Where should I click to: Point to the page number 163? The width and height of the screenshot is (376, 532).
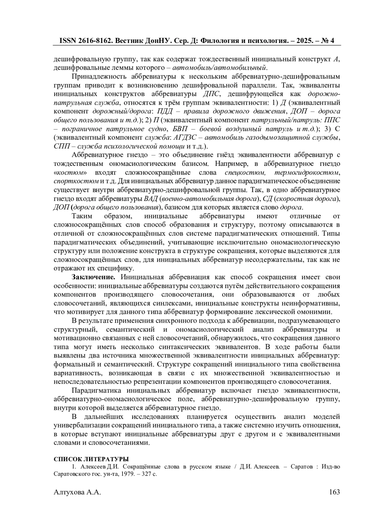tap(334, 492)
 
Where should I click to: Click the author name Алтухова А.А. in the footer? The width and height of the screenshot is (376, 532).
tap(77, 492)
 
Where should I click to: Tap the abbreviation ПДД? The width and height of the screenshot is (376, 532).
tap(164, 111)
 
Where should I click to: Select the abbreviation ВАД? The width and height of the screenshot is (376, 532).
tap(151, 198)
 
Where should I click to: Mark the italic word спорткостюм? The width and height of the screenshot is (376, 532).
tap(76, 181)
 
